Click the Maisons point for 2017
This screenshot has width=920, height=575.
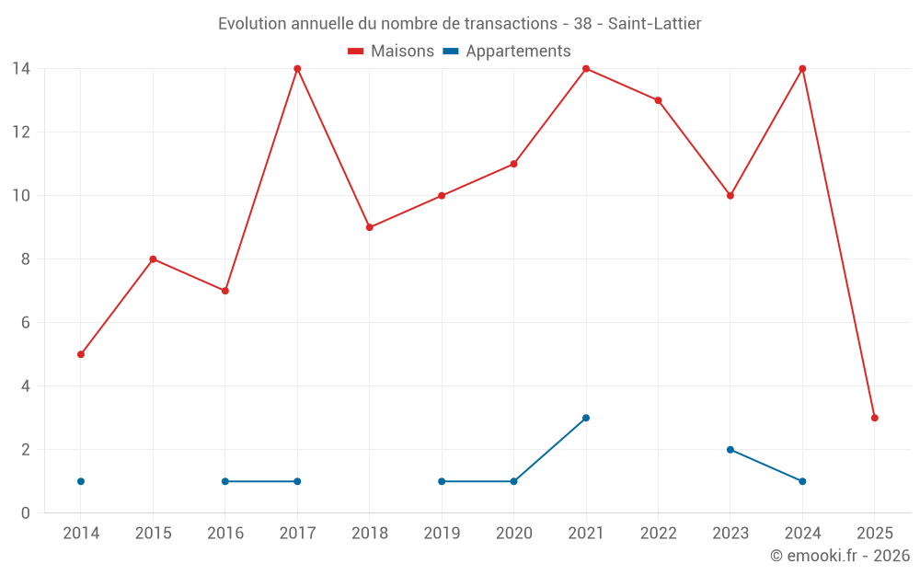297,69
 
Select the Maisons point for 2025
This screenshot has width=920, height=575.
874,418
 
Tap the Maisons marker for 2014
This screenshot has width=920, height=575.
81,354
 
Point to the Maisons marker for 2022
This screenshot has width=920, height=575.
658,100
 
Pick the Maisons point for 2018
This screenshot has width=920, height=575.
369,227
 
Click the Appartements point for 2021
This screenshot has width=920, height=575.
586,418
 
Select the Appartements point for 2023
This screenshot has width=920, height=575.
730,450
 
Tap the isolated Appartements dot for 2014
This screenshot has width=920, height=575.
81,481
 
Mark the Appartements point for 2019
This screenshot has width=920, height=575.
442,481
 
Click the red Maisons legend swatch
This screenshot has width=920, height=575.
356,52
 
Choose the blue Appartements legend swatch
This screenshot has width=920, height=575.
451,52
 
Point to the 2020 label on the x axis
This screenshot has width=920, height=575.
513,534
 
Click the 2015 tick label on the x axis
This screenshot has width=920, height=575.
153,534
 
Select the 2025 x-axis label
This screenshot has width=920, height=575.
874,534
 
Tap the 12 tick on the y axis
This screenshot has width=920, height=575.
21,132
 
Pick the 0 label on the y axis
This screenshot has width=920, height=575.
26,513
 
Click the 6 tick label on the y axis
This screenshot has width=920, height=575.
26,323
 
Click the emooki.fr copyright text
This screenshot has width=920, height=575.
840,556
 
